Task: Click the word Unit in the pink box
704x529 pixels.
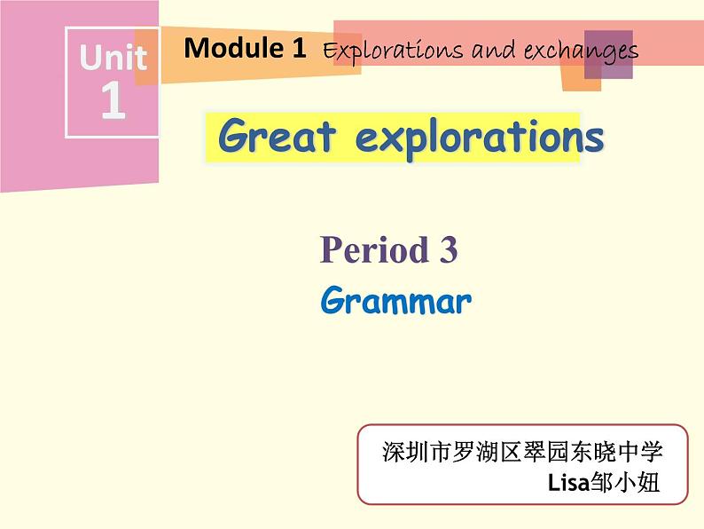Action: pyautogui.click(x=113, y=59)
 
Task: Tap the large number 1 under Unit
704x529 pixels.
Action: pyautogui.click(x=112, y=101)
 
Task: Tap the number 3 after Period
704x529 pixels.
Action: pyautogui.click(x=448, y=251)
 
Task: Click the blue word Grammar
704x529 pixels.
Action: pyautogui.click(x=395, y=302)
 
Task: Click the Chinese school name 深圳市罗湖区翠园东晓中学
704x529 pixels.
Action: pyautogui.click(x=522, y=451)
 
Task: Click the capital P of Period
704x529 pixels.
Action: pyautogui.click(x=330, y=251)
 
